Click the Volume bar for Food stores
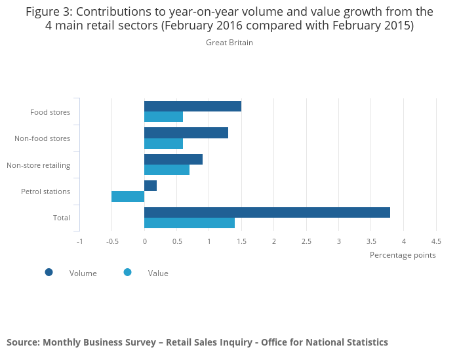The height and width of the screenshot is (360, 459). pos(193,106)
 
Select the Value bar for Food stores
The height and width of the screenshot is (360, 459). pos(163,117)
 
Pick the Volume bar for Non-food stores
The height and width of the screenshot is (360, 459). pos(186,132)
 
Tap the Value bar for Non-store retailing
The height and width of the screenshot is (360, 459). pos(167,170)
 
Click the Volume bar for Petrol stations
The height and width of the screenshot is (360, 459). pos(150,186)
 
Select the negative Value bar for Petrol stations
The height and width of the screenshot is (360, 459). pos(128,196)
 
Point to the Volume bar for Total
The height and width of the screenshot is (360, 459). pos(267,212)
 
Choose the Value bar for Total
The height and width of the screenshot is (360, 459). pos(190,223)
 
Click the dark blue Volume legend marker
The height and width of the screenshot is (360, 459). pos(49,272)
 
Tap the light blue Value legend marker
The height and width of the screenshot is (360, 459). pos(128,272)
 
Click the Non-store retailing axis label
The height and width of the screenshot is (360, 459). pos(38,165)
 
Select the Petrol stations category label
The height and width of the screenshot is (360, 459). pos(45,191)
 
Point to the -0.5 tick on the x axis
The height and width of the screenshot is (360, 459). pos(112,241)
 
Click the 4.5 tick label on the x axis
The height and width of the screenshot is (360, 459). pos(436,241)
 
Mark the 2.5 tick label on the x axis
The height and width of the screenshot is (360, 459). pos(306,241)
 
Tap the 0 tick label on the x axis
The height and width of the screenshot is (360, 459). pos(144,241)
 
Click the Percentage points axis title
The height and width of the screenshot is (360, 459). pos(403,255)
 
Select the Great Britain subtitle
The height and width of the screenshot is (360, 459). pos(229,43)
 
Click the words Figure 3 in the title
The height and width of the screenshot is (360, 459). pos(49,11)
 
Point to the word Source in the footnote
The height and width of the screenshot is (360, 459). pos(22,342)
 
